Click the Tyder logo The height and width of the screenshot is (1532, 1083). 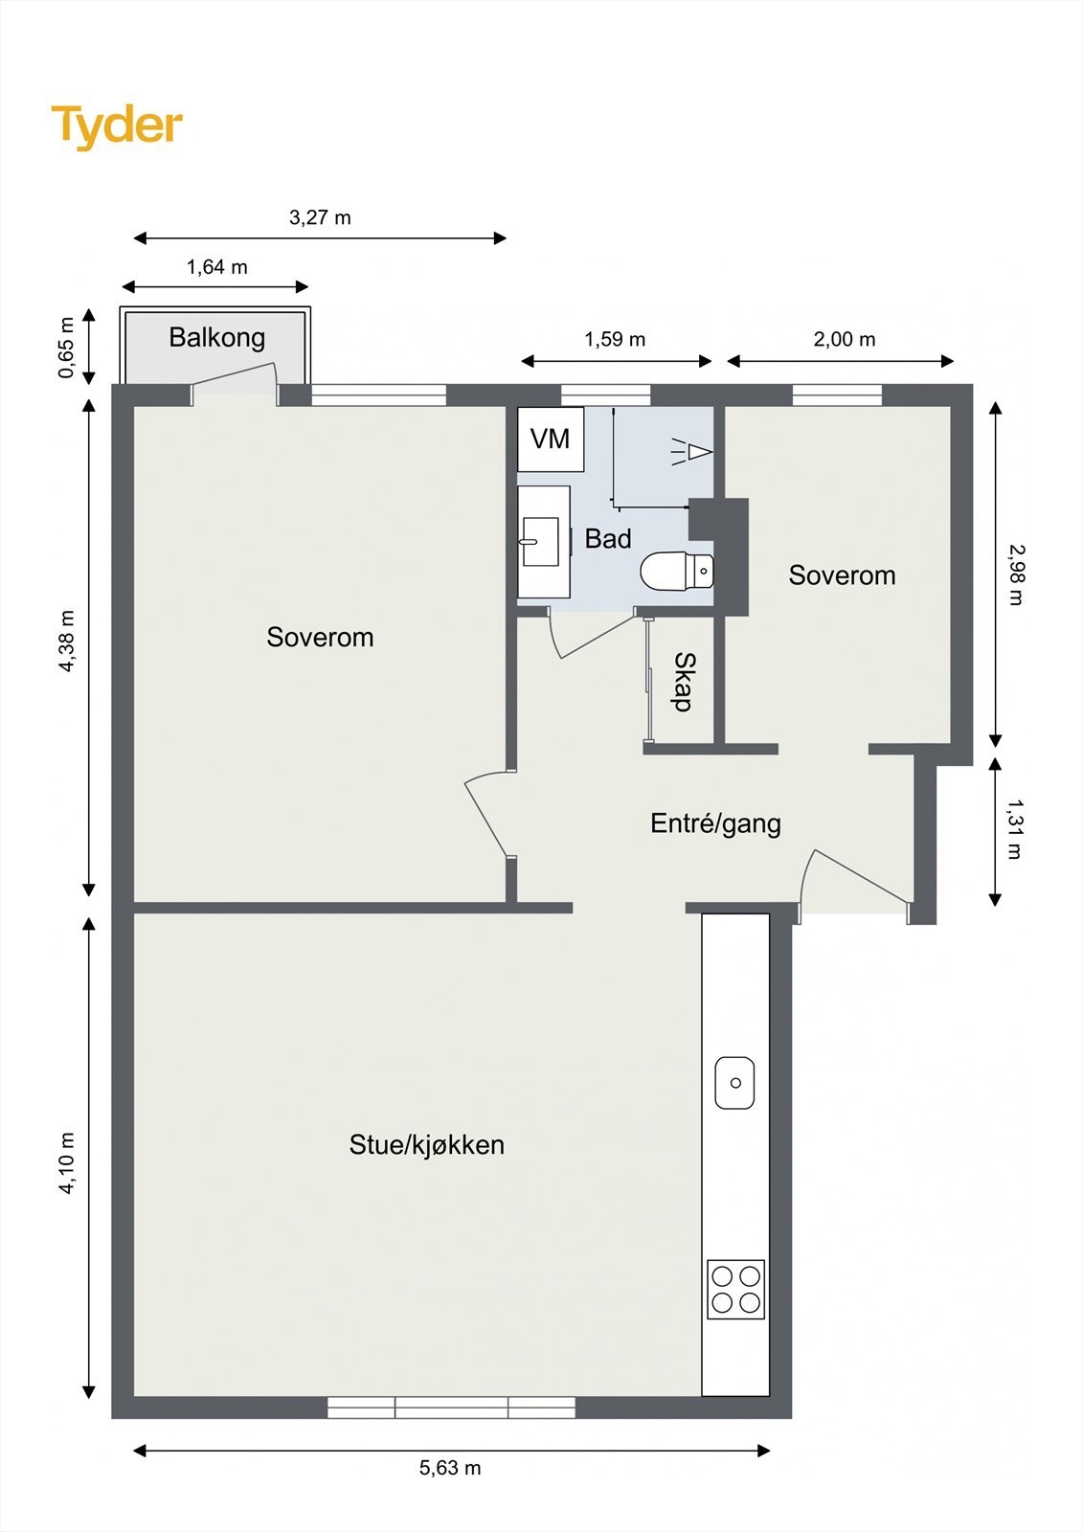(116, 126)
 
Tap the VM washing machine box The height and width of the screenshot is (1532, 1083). (551, 439)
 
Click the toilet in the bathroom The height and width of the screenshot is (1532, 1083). (677, 572)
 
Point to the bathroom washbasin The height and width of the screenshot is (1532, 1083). (542, 542)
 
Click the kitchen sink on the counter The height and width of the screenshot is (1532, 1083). (734, 1083)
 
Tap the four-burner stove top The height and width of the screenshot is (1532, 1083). (735, 1289)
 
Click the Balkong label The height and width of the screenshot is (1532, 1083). (216, 337)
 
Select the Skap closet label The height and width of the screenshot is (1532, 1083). (683, 681)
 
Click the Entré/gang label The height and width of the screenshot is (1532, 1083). (715, 823)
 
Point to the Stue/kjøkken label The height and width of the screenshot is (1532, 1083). (426, 1144)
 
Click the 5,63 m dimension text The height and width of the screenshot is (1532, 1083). (450, 1468)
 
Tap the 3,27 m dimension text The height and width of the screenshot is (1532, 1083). (320, 217)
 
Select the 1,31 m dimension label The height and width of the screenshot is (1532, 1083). (1014, 829)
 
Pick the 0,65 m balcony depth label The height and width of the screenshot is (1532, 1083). (66, 347)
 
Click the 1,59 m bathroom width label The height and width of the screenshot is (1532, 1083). (615, 339)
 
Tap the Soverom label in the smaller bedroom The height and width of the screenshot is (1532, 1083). (842, 574)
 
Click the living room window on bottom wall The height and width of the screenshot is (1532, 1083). (451, 1407)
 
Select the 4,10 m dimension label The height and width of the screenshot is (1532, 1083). (66, 1162)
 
